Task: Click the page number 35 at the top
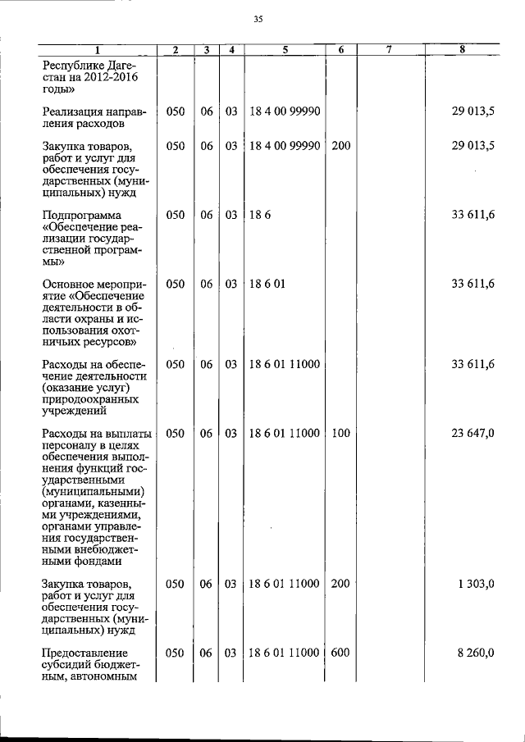(x=258, y=19)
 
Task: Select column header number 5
(x=285, y=50)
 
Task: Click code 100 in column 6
(x=341, y=434)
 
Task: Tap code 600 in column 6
(x=341, y=653)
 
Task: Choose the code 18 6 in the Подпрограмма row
(x=257, y=215)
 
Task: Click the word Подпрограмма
(x=85, y=215)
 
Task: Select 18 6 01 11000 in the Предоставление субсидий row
(x=284, y=653)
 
